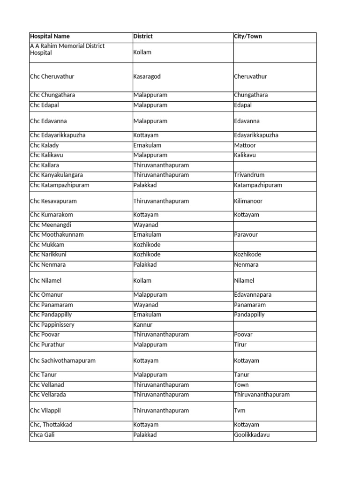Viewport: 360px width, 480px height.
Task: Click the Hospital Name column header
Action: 50,37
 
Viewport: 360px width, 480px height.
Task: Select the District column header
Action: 143,37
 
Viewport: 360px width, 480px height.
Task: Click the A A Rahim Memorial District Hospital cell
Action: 67,49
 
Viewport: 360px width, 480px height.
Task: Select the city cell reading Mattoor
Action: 245,145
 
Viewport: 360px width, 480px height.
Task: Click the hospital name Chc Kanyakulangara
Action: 56,175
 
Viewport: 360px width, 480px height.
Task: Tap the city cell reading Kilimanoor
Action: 248,201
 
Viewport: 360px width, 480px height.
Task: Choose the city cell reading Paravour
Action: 246,235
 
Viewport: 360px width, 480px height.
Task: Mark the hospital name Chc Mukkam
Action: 47,245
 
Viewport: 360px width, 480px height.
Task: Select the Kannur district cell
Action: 143,325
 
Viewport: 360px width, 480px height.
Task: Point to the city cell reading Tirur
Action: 240,345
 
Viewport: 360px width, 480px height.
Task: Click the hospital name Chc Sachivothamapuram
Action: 62,361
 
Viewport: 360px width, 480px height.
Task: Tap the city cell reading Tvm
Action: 240,411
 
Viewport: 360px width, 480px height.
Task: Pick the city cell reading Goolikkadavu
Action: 252,435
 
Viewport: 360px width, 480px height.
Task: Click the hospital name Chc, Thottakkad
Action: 51,425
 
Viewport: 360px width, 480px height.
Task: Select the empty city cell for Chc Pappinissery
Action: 274,325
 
